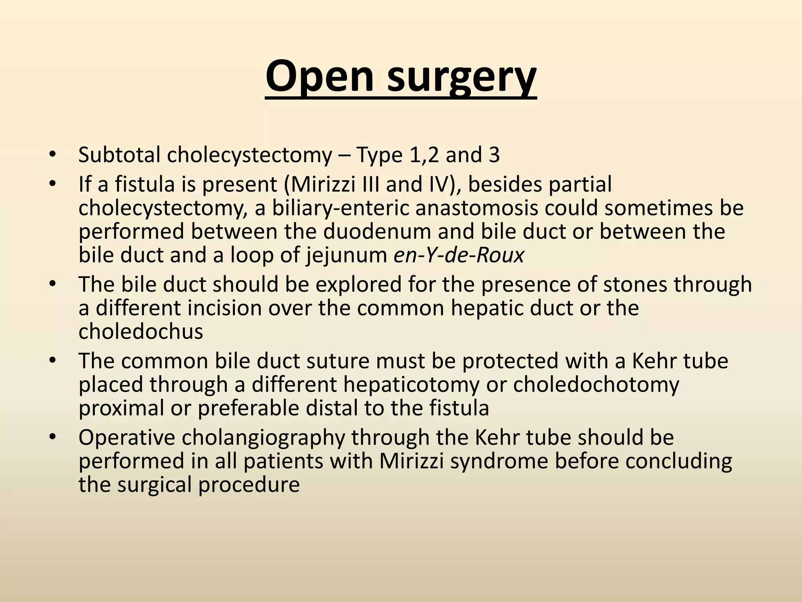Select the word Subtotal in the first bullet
(119, 155)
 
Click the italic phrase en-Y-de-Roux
(459, 255)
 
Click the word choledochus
(141, 331)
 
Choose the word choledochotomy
(596, 384)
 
